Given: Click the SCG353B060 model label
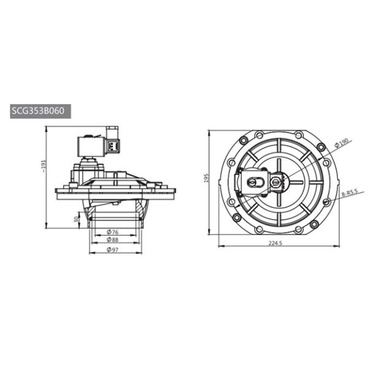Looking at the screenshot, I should pyautogui.click(x=41, y=112).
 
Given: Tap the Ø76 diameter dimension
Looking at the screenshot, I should pyautogui.click(x=112, y=232).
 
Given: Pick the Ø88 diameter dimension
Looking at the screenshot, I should pyautogui.click(x=112, y=240).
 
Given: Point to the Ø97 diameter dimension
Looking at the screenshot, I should pyautogui.click(x=112, y=250).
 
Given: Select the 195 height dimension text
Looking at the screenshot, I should pyautogui.click(x=207, y=178).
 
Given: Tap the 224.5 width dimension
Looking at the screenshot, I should pyautogui.click(x=275, y=243).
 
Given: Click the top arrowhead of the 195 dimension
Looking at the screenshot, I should pyautogui.click(x=209, y=132).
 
